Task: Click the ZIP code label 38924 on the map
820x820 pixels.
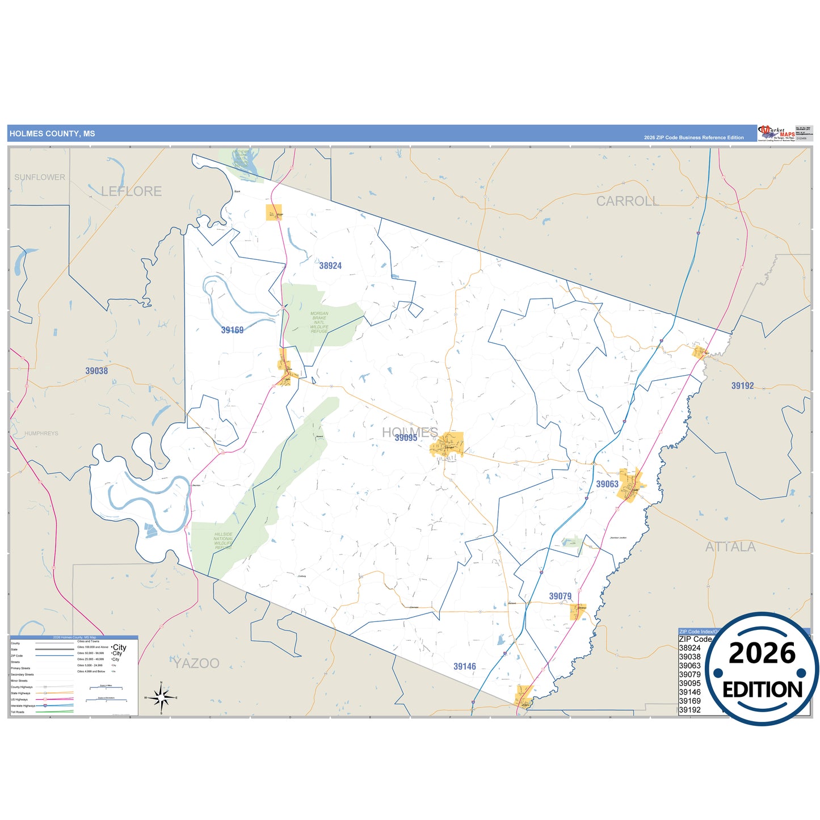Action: pos(330,266)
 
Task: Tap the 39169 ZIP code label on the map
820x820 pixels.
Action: pos(232,330)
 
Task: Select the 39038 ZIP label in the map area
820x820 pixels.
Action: pos(96,371)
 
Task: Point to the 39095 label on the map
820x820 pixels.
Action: pos(406,438)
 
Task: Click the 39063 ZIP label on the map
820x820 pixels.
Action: pos(607,484)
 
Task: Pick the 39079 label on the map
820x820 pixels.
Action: pos(560,596)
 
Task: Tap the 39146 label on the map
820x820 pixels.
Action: pos(465,666)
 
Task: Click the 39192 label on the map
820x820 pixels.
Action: pos(742,386)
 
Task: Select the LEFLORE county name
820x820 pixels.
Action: pos(132,192)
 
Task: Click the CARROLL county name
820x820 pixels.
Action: pos(627,201)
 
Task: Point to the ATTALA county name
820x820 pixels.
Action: pos(730,547)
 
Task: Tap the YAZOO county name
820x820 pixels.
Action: pos(196,663)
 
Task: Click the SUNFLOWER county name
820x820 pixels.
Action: pos(40,177)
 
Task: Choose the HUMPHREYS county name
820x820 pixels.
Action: pos(41,434)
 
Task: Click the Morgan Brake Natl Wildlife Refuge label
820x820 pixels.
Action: pos(319,322)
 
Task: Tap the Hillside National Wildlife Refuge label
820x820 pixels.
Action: pos(224,541)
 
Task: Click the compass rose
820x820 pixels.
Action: pos(161,697)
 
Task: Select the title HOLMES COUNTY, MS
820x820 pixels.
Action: pos(52,134)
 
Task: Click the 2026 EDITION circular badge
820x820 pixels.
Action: pos(762,670)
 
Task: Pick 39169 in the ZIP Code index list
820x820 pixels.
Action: pos(689,701)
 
